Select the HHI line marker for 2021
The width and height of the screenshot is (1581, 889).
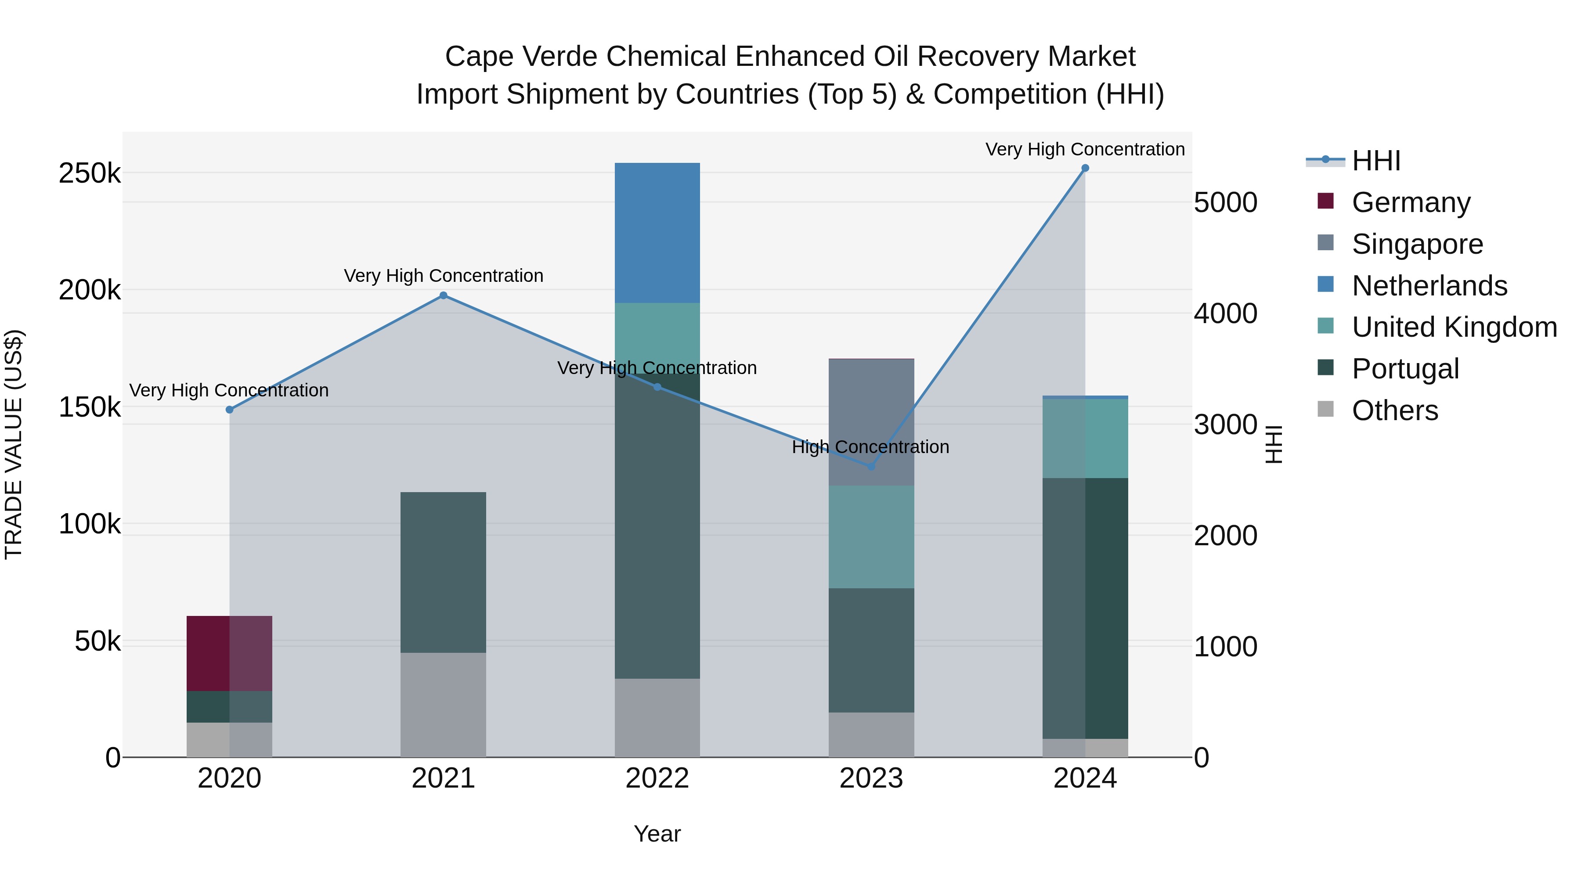443,296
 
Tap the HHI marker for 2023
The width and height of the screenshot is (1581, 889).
871,467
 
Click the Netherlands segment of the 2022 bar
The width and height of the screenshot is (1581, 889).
657,233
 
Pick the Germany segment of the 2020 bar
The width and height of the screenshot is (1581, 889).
229,653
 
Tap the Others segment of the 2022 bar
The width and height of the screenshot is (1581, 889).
657,717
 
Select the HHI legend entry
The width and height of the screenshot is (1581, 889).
1375,161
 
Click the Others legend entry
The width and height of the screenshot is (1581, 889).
1394,410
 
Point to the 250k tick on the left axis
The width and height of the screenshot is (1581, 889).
90,173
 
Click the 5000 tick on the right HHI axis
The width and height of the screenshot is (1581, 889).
1225,203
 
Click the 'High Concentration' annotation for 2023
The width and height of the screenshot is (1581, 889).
870,447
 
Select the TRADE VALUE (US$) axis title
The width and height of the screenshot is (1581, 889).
14,444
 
